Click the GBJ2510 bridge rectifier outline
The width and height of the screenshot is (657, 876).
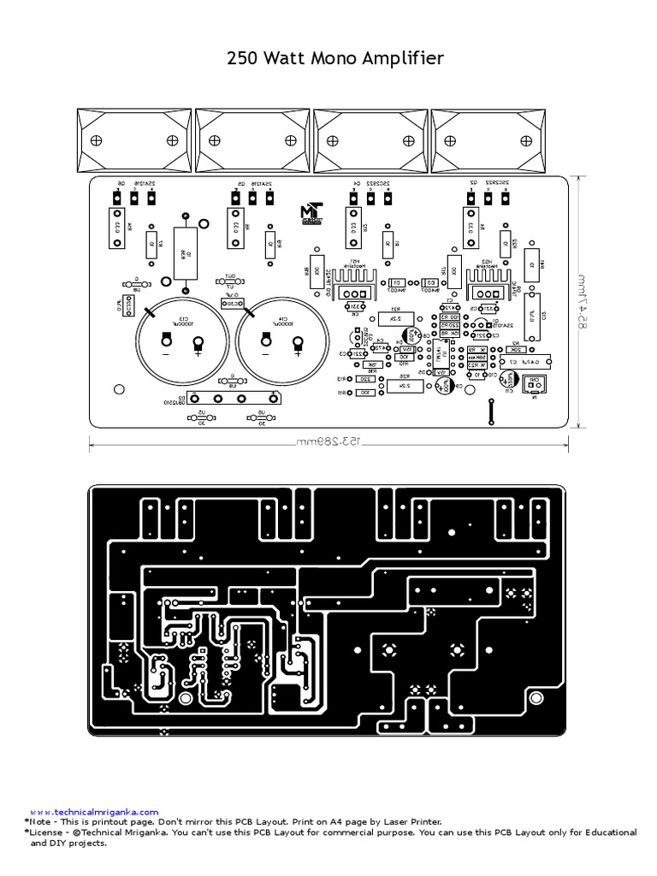234,398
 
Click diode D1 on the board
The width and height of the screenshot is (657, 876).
396,283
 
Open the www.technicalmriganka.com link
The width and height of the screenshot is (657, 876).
94,811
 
